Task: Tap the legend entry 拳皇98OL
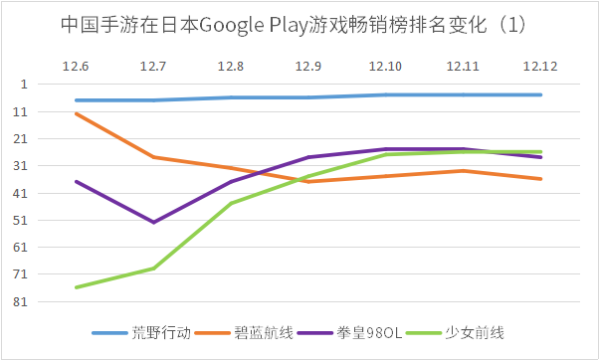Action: point(373,332)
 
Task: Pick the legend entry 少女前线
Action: point(476,332)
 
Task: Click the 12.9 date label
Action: point(308,66)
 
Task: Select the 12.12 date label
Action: point(540,66)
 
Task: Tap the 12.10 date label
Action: point(385,66)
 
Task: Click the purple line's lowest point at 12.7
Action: point(153,222)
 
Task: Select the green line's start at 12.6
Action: point(76,287)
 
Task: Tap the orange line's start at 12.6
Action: point(76,113)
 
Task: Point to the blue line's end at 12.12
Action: point(540,94)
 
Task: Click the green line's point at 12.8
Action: point(231,203)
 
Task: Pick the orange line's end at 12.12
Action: point(540,179)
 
